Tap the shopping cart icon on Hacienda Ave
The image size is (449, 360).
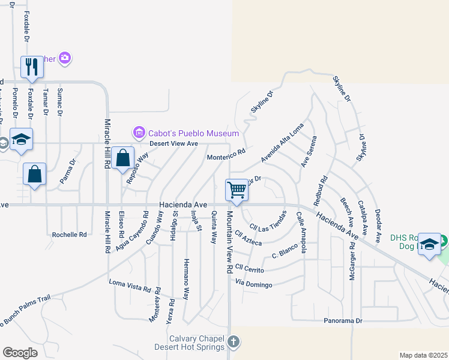click(x=237, y=190)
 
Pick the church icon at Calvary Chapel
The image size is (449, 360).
click(x=234, y=343)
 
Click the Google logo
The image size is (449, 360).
click(x=20, y=353)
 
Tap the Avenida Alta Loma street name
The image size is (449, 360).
click(x=282, y=143)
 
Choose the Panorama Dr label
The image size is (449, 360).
click(x=343, y=321)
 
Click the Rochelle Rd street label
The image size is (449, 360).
click(x=69, y=235)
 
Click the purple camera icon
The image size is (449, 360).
click(x=65, y=58)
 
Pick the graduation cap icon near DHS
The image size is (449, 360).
click(x=429, y=244)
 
